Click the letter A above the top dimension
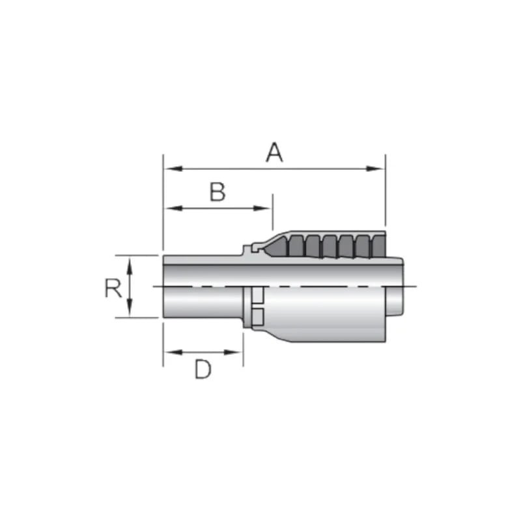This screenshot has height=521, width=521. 275,152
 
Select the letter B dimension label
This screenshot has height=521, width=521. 217,192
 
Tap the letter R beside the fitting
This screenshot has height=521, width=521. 113,288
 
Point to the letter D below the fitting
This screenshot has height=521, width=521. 203,370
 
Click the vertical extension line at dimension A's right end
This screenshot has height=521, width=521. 386,195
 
